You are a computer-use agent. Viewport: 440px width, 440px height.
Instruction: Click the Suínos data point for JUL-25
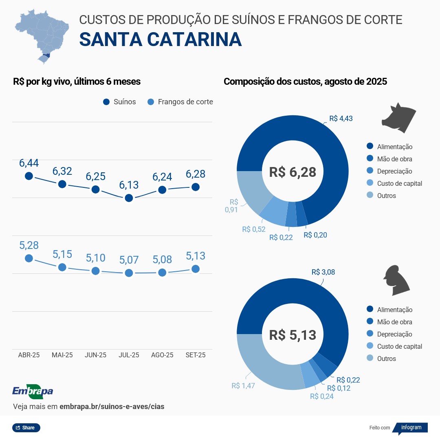coord(129,198)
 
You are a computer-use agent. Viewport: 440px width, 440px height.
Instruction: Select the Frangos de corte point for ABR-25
coord(29,258)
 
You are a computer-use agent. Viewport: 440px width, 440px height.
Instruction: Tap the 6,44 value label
coord(29,163)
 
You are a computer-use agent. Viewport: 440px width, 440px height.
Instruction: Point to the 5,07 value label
coord(129,260)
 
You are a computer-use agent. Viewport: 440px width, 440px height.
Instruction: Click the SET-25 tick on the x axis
coord(196,355)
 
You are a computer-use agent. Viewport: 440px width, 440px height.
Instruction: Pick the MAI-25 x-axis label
coord(62,355)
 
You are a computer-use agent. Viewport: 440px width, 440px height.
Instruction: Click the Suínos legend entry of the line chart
coord(120,102)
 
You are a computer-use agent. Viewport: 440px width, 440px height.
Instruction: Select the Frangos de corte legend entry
coord(180,102)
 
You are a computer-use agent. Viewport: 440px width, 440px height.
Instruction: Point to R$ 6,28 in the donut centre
coord(293,172)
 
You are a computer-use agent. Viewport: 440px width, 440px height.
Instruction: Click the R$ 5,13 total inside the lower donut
coord(293,335)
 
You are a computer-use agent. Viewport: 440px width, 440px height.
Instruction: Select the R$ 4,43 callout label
coord(341,119)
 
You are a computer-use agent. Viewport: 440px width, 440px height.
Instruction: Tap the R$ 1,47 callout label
coord(243,385)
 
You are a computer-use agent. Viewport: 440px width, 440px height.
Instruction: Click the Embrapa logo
coord(33,391)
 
